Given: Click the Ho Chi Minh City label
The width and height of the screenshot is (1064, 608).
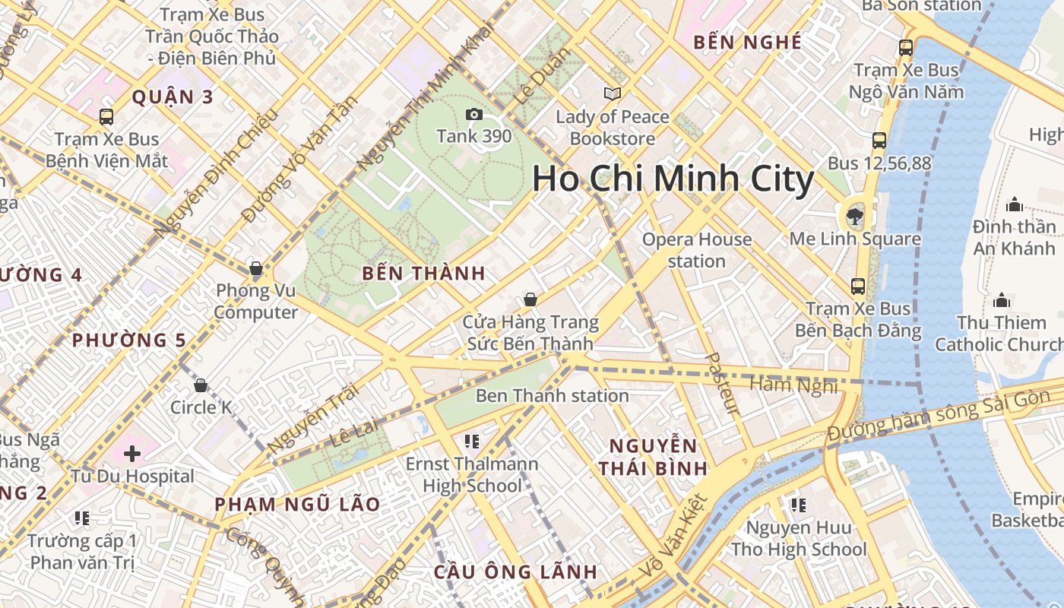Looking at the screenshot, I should coord(673,179).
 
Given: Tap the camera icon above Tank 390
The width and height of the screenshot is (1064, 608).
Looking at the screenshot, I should coord(474,114).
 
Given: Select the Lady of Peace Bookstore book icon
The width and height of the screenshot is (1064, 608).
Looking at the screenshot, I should coord(612,93).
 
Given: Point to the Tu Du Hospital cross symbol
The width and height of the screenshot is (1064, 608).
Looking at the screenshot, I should coord(132,454).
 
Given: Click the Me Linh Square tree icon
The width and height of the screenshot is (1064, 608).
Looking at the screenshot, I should coord(855,216).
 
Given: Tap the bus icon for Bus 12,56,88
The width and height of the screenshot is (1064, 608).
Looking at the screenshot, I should coord(879,141).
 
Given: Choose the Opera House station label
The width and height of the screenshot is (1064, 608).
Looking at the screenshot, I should coord(697,250).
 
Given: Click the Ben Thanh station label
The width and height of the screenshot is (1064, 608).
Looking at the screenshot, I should coord(552,395).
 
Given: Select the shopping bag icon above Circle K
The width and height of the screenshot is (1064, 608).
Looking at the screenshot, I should coord(201,385).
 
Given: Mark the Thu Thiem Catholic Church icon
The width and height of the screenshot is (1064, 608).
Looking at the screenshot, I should coord(1002,300).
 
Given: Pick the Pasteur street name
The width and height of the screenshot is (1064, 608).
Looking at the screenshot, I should coord(723,384).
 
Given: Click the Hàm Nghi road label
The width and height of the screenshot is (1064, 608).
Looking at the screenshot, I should coord(793,385).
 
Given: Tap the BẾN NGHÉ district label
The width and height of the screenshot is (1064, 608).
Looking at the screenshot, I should coord(748,43).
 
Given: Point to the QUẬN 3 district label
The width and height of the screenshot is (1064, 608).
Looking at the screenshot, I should coord(173,97).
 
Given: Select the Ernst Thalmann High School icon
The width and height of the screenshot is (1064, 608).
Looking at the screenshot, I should coord(471,442).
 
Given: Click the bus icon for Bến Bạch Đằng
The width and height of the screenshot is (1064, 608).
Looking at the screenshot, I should coord(858,287).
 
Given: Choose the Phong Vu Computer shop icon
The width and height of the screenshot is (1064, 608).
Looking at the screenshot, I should coord(256,268).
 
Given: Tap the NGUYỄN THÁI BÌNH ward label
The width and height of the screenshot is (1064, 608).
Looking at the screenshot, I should coord(653,457).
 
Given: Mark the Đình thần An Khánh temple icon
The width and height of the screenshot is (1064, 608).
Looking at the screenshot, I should coord(1014,204).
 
